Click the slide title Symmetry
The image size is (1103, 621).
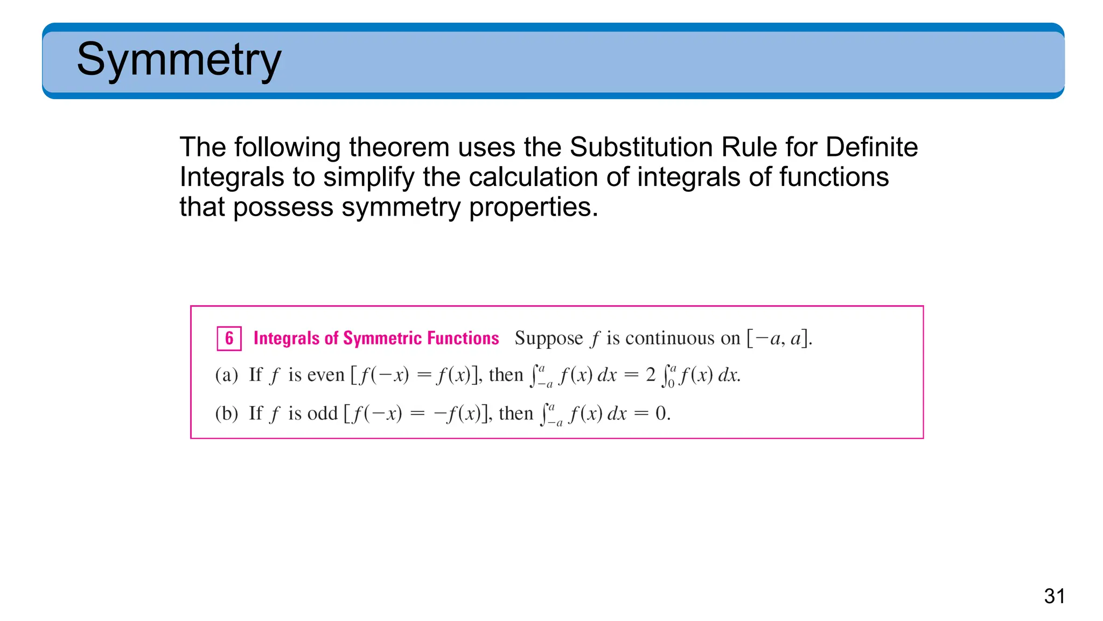point(179,59)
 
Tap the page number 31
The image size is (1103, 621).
point(1054,596)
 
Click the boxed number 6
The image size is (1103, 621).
point(229,339)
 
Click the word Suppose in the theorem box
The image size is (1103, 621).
point(548,339)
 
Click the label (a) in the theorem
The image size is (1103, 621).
point(226,375)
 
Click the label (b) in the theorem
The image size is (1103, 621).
point(226,413)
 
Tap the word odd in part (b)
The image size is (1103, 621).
point(322,413)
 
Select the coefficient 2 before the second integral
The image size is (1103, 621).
point(651,375)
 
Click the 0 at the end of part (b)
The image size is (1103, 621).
point(661,413)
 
